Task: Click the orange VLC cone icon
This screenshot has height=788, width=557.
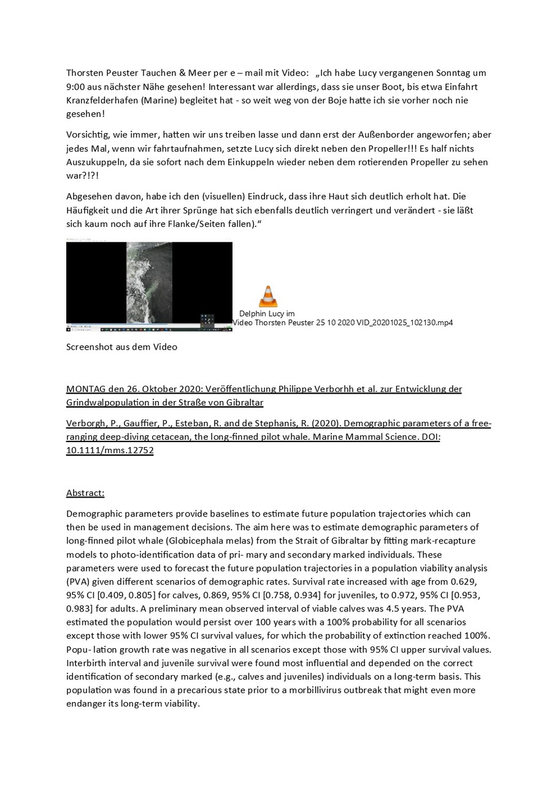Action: coord(267,296)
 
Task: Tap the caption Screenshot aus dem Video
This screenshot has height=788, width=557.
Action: coord(121,347)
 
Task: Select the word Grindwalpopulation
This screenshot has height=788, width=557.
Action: coord(110,402)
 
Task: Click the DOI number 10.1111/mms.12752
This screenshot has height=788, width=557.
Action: coord(110,450)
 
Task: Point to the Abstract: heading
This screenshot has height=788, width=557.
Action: coord(85,492)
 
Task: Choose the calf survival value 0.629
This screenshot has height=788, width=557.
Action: coord(464,581)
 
